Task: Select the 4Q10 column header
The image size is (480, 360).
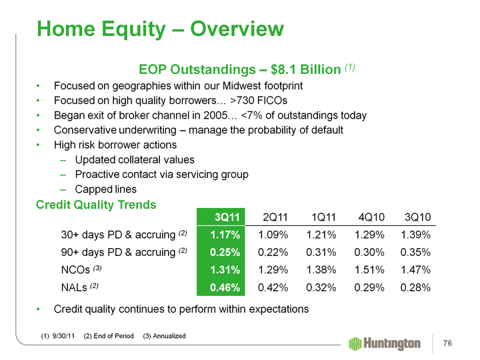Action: [x=371, y=217]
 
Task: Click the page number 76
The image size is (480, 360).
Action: [x=448, y=343]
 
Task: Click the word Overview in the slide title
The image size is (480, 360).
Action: [x=237, y=29]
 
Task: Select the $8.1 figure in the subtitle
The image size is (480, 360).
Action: [x=288, y=69]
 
